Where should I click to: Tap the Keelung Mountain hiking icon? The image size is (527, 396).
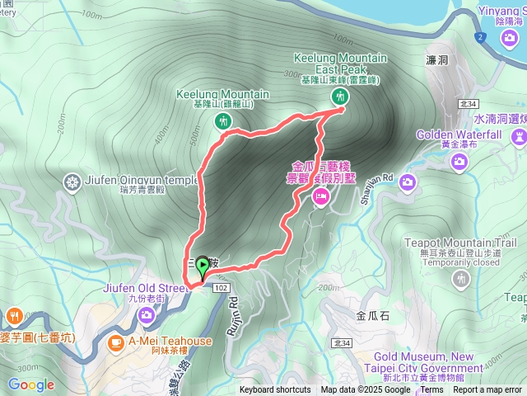coord(222,121)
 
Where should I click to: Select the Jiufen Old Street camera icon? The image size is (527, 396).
coord(147,314)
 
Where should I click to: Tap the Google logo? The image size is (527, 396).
coord(31,384)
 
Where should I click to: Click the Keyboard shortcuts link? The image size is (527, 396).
coord(275,390)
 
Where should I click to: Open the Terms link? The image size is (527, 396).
coord(431,390)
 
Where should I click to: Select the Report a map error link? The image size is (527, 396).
coord(488,390)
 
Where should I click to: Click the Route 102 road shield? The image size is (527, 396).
coord(220,287)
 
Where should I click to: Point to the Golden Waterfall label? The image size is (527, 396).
coord(459,134)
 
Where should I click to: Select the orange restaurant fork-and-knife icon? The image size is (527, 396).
coord(14,317)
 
